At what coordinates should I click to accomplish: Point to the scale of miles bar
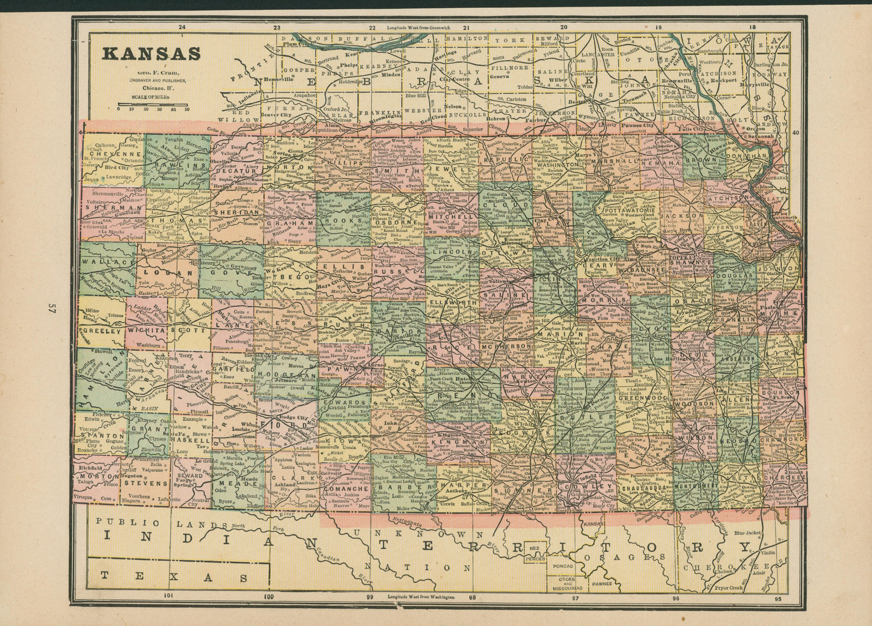(153, 104)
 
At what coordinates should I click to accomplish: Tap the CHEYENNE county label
(117, 154)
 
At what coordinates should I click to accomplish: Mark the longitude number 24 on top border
(182, 27)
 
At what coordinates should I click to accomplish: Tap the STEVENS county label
(144, 483)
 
